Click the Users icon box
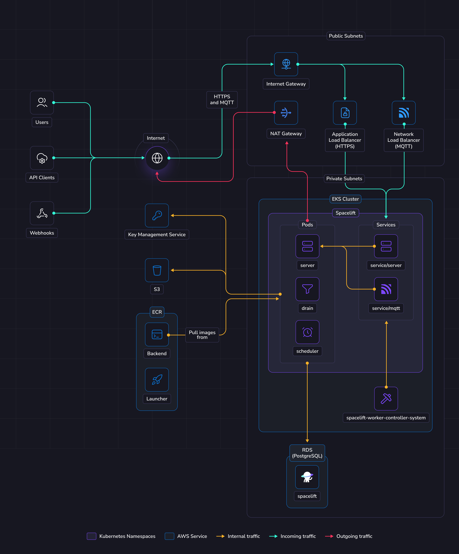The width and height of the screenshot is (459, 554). (42, 102)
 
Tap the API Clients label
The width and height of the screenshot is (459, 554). (42, 178)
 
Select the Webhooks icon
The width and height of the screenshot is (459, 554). (42, 213)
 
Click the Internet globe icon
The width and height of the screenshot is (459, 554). (157, 158)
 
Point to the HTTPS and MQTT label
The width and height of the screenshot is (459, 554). (222, 99)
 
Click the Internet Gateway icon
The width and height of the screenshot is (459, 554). (286, 64)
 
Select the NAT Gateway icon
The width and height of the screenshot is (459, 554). (286, 113)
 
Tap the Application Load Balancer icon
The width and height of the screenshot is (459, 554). (345, 113)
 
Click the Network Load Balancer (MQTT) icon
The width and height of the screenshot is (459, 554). (404, 113)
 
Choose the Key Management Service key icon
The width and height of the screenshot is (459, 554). (157, 215)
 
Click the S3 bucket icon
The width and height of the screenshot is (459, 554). (157, 270)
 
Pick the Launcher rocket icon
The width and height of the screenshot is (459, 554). (157, 380)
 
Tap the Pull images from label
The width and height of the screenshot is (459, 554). (202, 335)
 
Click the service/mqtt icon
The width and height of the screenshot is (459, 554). (386, 289)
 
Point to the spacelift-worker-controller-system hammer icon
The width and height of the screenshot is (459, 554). (386, 398)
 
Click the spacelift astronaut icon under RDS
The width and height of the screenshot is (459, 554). (307, 477)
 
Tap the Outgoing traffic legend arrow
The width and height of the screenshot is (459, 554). (329, 536)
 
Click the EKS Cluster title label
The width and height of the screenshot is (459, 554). (345, 199)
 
